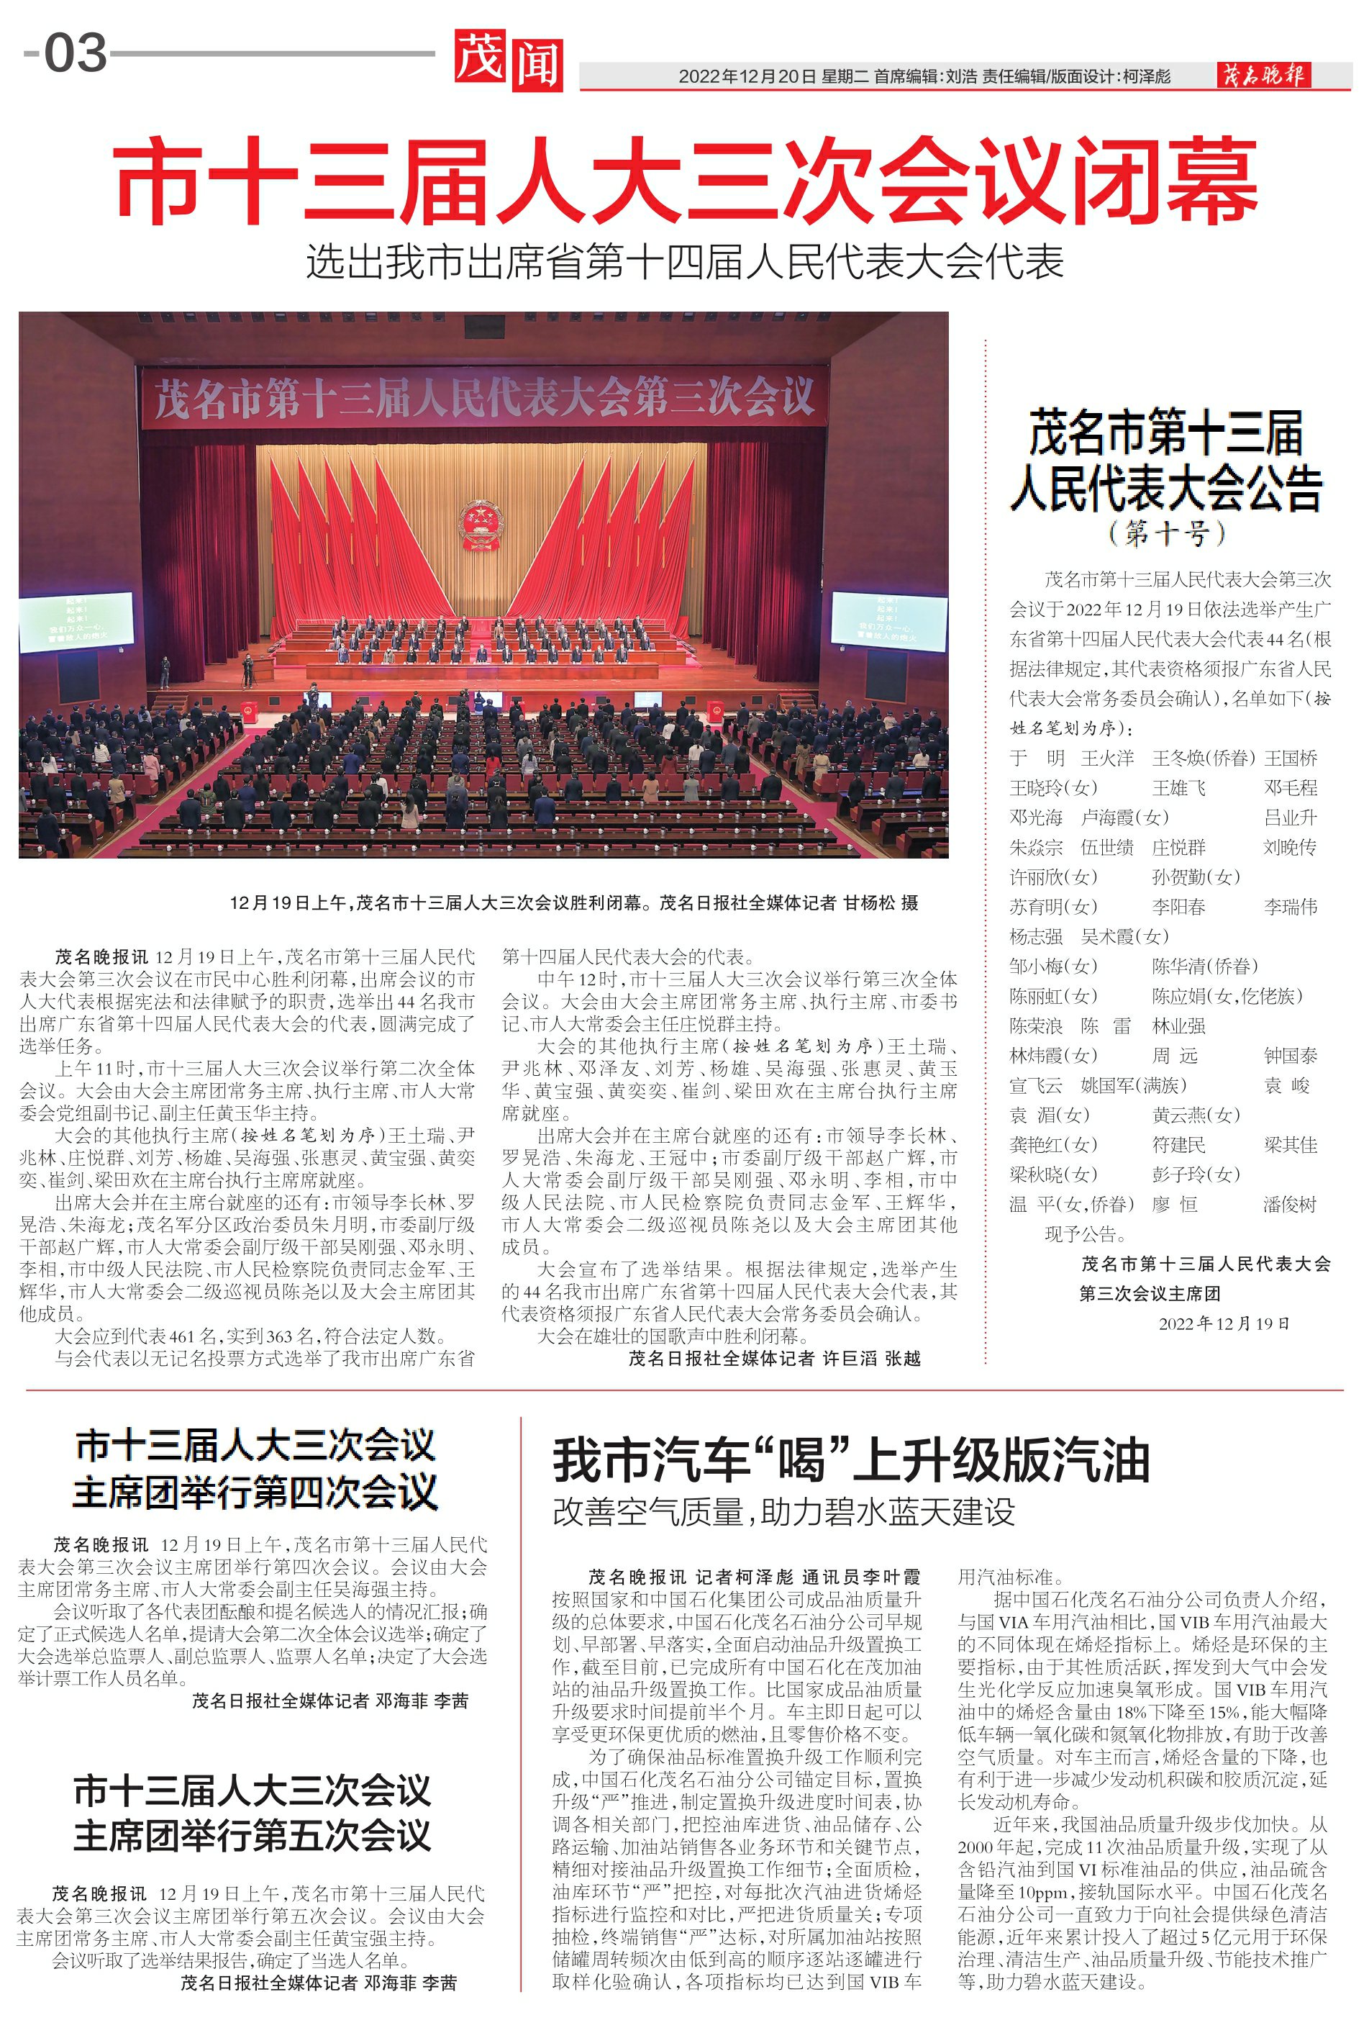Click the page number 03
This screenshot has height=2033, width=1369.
75,54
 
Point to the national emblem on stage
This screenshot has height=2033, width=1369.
481,524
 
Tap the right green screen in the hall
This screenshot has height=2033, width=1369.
888,620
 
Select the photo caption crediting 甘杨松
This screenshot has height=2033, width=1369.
573,903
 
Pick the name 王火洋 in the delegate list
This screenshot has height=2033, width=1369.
1107,758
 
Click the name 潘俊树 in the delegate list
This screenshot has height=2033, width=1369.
1290,1204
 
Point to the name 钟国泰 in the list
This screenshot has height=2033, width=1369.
1290,1056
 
